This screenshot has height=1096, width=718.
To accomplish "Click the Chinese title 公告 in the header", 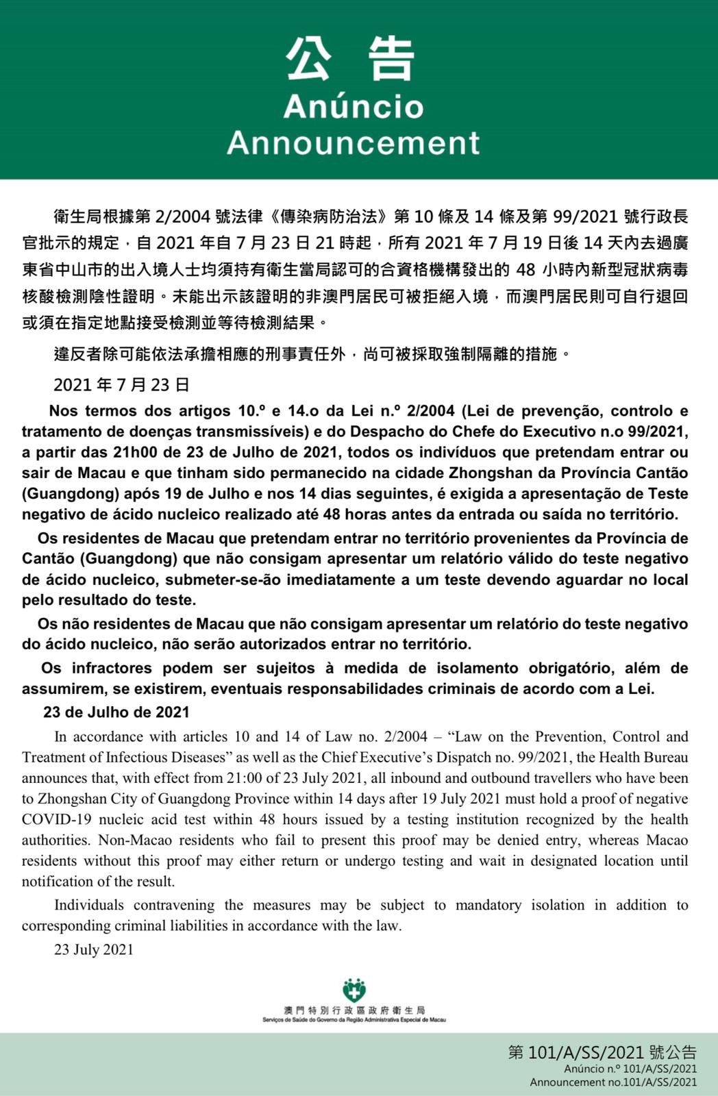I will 350,60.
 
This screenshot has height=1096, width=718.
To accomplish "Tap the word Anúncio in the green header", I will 353,107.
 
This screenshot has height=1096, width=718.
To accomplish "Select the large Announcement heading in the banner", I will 353,142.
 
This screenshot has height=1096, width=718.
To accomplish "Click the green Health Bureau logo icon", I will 354,991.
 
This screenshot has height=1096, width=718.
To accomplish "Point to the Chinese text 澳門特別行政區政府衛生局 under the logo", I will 354,1010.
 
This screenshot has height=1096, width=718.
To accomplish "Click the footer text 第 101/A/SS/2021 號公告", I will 602,1053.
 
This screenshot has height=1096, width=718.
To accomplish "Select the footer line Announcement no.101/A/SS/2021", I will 613,1082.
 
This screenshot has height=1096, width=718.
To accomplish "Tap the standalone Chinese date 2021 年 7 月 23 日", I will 121,385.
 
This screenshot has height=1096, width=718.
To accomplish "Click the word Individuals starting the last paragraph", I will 89,905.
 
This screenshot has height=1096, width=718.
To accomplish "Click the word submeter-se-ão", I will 223,580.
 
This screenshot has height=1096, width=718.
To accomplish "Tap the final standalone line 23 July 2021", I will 94,949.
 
